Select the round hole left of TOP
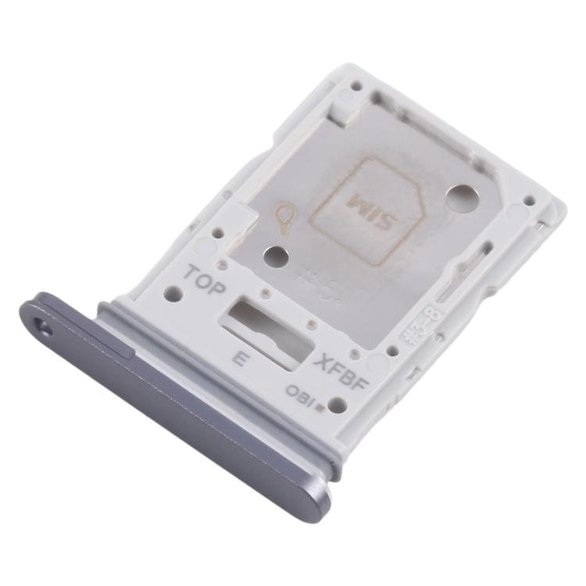pyautogui.click(x=175, y=295)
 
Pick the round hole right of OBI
pyautogui.click(x=337, y=404)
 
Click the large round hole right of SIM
pyautogui.click(x=458, y=197)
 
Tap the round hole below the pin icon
pyautogui.click(x=274, y=256)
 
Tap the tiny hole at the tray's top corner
pyautogui.click(x=356, y=84)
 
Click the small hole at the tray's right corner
pyautogui.click(x=529, y=201)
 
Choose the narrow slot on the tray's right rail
pyautogui.click(x=457, y=270)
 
